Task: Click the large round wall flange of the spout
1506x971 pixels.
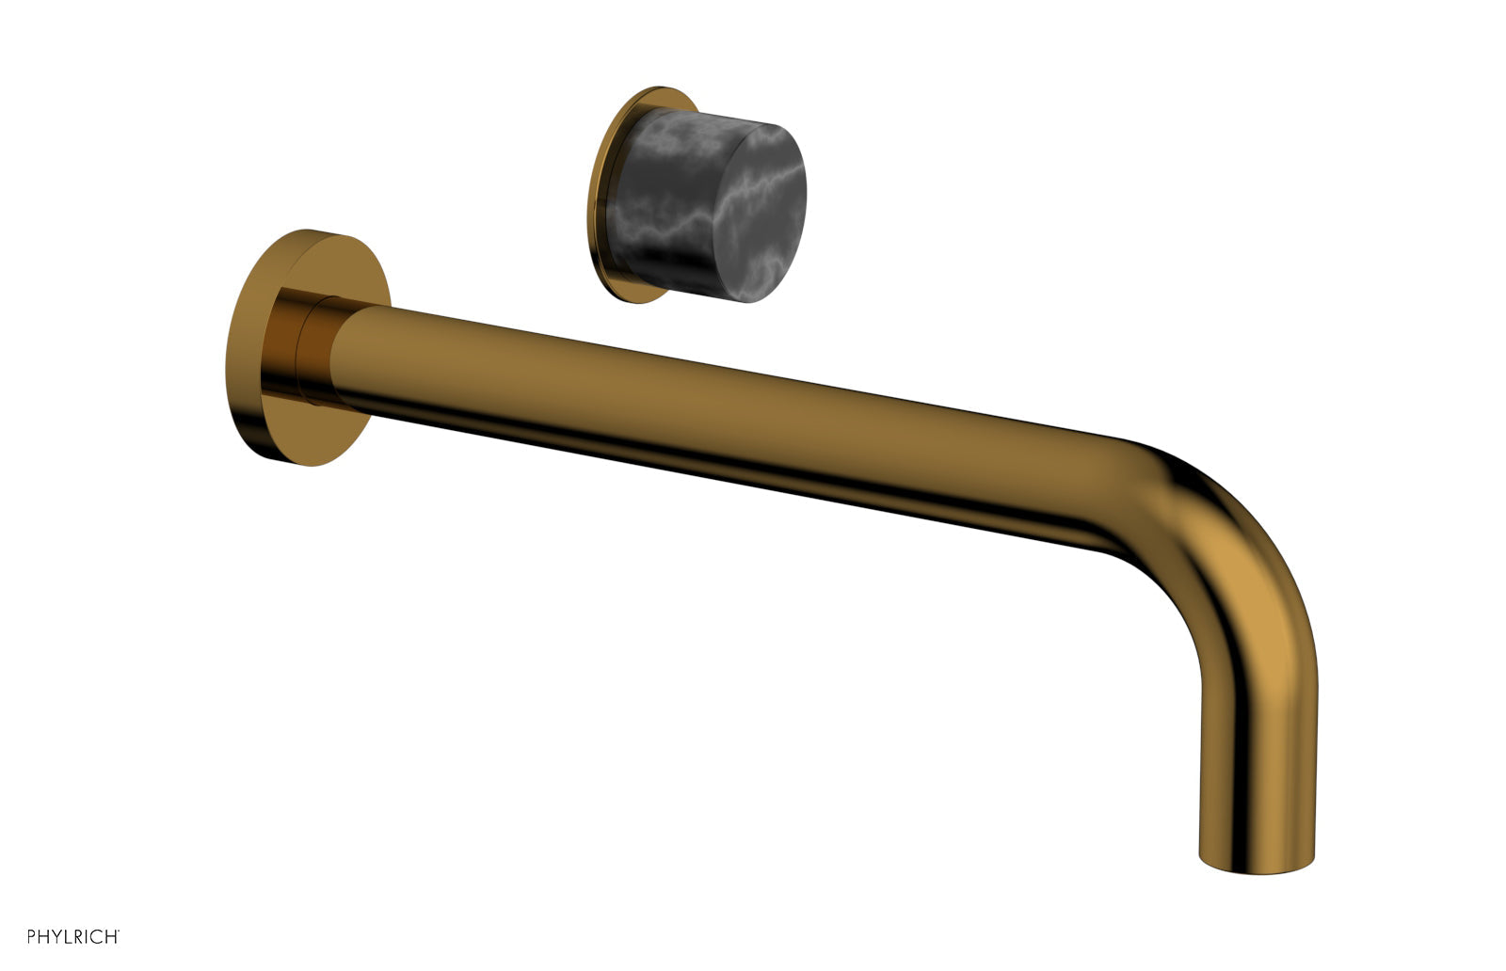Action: (x=249, y=348)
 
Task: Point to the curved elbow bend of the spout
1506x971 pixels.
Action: (x=1224, y=527)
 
